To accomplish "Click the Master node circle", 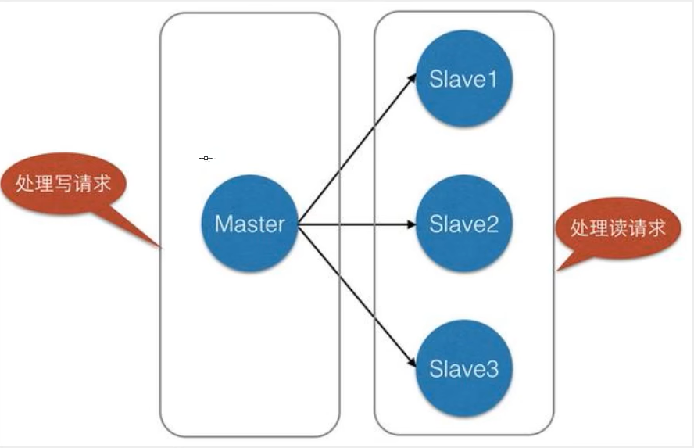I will pyautogui.click(x=249, y=224).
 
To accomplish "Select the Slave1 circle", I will pyautogui.click(x=463, y=81).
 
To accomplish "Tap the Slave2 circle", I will pyautogui.click(x=463, y=224).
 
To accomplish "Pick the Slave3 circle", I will pyautogui.click(x=463, y=367).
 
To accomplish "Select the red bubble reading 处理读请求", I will pyautogui.click(x=617, y=228).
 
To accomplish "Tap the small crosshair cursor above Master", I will pyautogui.click(x=206, y=159).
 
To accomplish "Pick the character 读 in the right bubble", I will pyautogui.click(x=617, y=228).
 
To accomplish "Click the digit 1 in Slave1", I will pyautogui.click(x=491, y=81).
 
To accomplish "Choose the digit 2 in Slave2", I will pyautogui.click(x=491, y=224).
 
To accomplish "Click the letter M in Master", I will pyautogui.click(x=224, y=224).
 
